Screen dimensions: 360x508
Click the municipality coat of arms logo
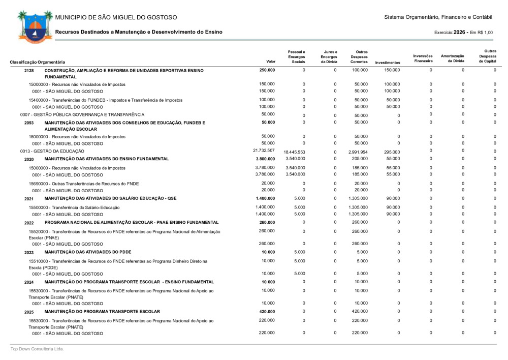(34, 25)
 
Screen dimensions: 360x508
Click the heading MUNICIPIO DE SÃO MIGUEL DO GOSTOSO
(116, 18)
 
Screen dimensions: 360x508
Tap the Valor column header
(271, 62)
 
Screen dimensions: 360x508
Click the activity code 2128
(29, 70)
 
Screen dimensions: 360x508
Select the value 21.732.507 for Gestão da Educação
(264, 151)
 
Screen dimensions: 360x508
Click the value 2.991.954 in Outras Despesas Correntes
(358, 152)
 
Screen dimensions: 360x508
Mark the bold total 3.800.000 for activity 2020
(265, 159)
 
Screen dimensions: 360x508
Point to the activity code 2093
(29, 123)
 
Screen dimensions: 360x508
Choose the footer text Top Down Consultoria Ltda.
(38, 349)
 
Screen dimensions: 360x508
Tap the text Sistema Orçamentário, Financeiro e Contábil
(438, 18)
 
